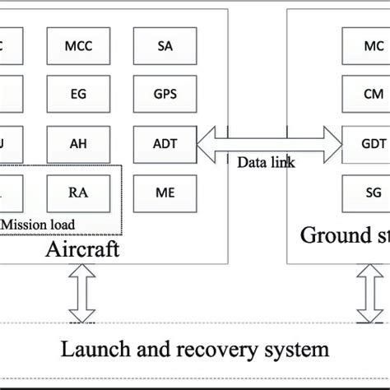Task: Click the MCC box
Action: (77, 46)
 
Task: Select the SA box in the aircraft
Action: (165, 46)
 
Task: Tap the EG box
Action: (77, 94)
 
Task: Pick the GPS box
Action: (165, 94)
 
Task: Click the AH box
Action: (77, 143)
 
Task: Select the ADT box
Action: (165, 143)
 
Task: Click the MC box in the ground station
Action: (361, 46)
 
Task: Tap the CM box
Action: (361, 94)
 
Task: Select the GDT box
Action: (361, 143)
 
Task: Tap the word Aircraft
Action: (81, 248)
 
